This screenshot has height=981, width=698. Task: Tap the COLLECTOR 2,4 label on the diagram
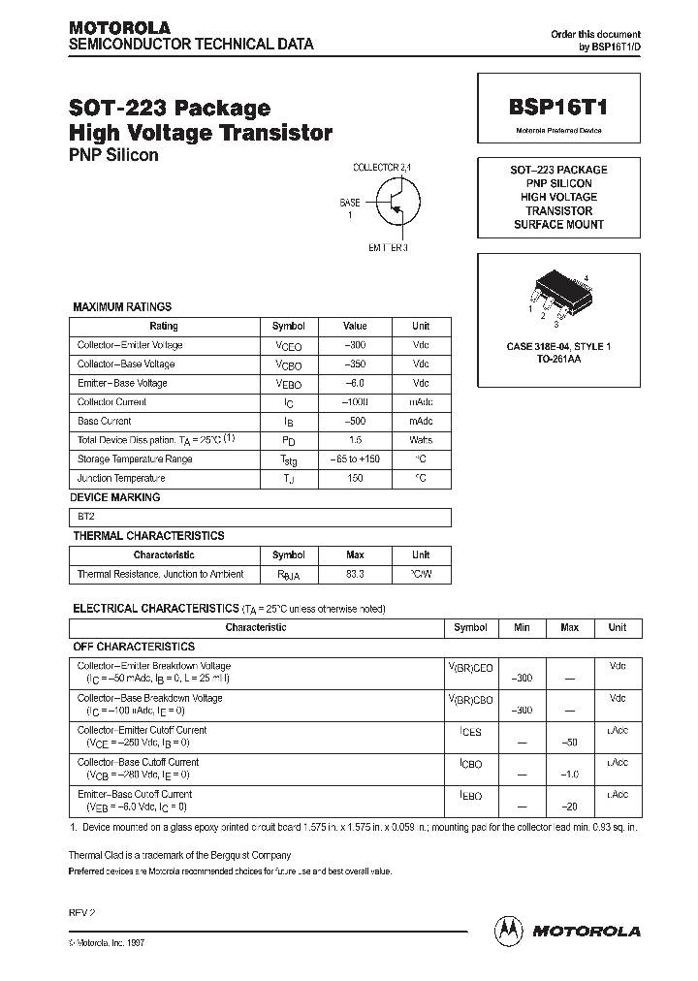point(382,168)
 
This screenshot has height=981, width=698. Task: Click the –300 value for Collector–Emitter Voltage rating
point(356,345)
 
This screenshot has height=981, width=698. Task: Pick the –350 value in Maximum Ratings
point(356,364)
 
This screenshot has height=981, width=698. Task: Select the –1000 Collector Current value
point(356,402)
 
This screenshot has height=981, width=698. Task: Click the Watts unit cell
point(421,440)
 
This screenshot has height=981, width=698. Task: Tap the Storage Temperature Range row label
point(135,459)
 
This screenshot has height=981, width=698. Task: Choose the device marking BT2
point(86,517)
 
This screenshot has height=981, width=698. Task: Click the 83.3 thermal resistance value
point(356,574)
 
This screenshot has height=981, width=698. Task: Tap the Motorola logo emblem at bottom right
point(510,930)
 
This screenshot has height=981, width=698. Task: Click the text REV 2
point(81,913)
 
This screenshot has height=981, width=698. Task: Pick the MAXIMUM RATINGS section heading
point(122,307)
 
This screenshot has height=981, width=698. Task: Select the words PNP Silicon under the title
point(113,155)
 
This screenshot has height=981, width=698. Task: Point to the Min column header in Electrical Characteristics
point(522,627)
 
